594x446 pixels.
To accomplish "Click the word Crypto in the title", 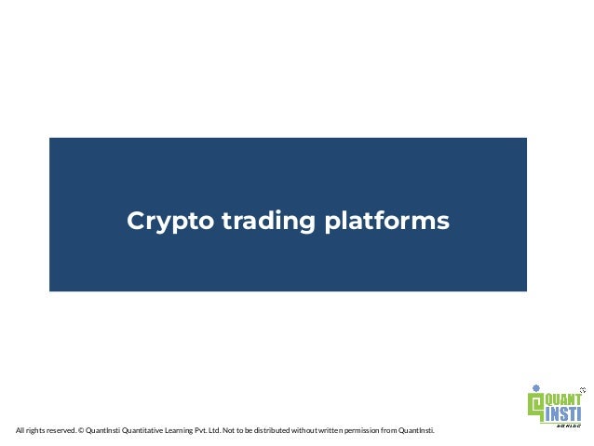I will [163, 223].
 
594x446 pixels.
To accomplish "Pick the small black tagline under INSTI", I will [567, 424].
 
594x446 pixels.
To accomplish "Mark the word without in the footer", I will [324, 431].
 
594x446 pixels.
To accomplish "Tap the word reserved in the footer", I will [59, 431].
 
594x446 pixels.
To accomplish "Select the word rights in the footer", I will [34, 431].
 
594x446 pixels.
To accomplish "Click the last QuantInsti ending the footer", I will [415, 431].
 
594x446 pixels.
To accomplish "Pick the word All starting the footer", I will [20, 431].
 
